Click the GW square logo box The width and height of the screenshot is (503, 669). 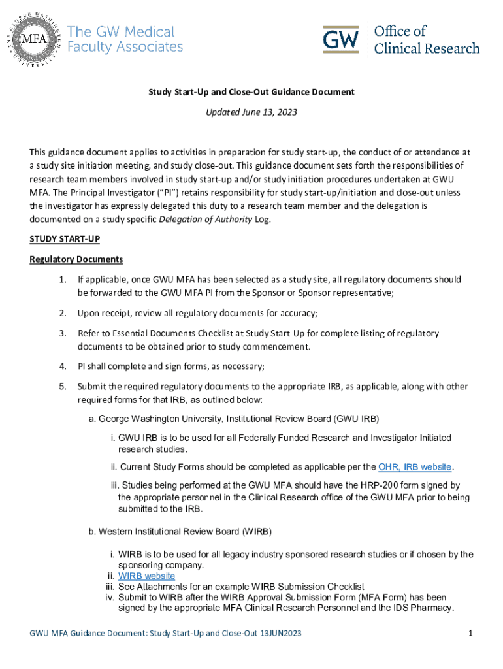(x=340, y=40)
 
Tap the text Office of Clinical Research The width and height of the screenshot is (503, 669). (x=426, y=40)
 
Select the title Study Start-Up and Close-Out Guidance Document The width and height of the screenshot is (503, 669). (x=251, y=92)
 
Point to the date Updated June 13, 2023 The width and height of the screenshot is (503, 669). (x=251, y=112)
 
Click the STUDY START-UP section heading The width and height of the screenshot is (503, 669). (x=64, y=239)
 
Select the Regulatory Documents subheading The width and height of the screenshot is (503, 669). (x=76, y=259)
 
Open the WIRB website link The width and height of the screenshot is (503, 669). (x=146, y=576)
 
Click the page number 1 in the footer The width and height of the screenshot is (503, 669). (x=470, y=634)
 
